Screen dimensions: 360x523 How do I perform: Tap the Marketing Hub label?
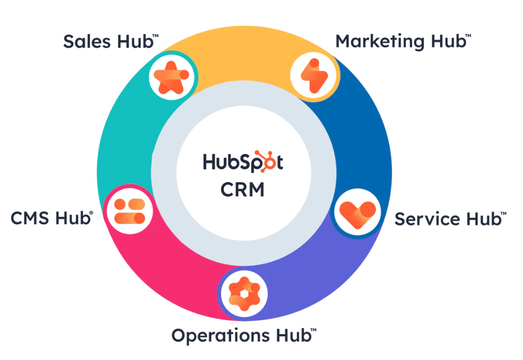[x=400, y=41]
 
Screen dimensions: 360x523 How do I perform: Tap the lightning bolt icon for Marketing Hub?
[x=313, y=76]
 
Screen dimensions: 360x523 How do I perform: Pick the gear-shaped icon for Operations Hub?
[x=244, y=293]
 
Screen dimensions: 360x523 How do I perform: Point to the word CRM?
[x=242, y=189]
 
